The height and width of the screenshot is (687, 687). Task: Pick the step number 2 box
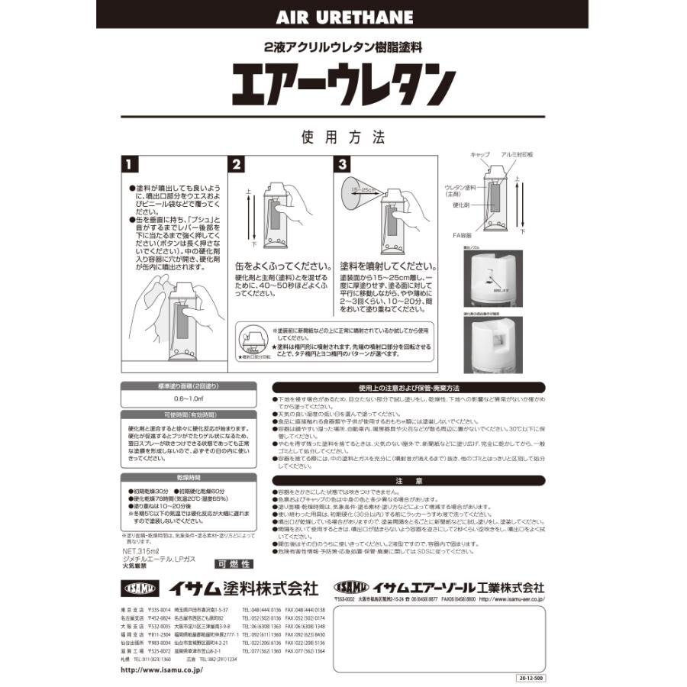point(237,165)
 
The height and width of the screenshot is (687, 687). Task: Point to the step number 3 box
point(343,165)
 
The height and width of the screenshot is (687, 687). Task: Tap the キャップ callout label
point(480,154)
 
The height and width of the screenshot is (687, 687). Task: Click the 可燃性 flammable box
point(234,564)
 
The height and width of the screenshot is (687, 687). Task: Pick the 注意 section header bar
point(409,481)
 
